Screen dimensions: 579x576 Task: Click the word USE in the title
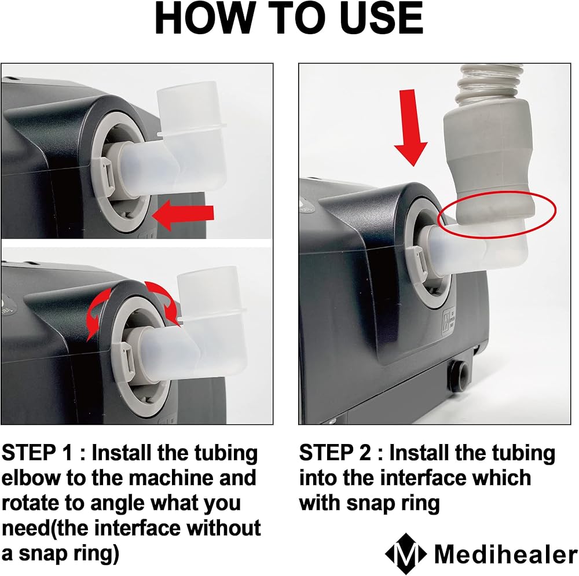[382, 19]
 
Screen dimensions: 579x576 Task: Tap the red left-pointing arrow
[183, 215]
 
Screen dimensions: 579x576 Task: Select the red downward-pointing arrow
[411, 127]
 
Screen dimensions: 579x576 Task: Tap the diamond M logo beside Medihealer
[406, 553]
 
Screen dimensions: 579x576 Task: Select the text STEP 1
[37, 453]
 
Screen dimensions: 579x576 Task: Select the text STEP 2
[335, 453]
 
